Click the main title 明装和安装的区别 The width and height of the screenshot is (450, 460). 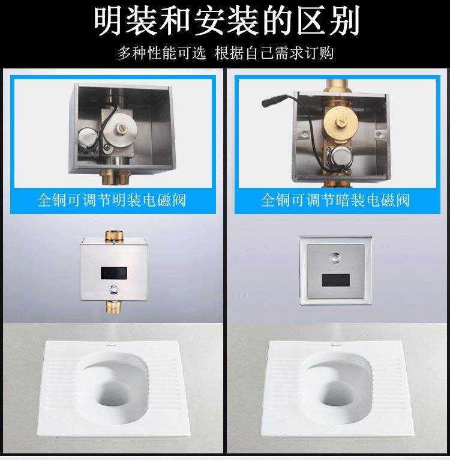click(226, 21)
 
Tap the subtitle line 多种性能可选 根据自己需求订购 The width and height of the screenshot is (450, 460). click(226, 53)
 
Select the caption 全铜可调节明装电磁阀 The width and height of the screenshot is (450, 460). click(112, 200)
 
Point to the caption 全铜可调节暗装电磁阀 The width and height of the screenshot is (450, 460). click(335, 200)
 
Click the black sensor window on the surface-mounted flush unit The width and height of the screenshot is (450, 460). click(114, 273)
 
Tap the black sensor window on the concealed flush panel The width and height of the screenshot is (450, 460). click(336, 280)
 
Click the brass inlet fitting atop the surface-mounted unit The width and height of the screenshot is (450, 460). click(115, 235)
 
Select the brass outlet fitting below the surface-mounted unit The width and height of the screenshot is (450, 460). click(113, 307)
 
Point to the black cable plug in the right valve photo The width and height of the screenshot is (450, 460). click(274, 101)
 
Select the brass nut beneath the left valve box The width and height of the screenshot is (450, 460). click(112, 178)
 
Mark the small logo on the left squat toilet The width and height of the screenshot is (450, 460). click(112, 345)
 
